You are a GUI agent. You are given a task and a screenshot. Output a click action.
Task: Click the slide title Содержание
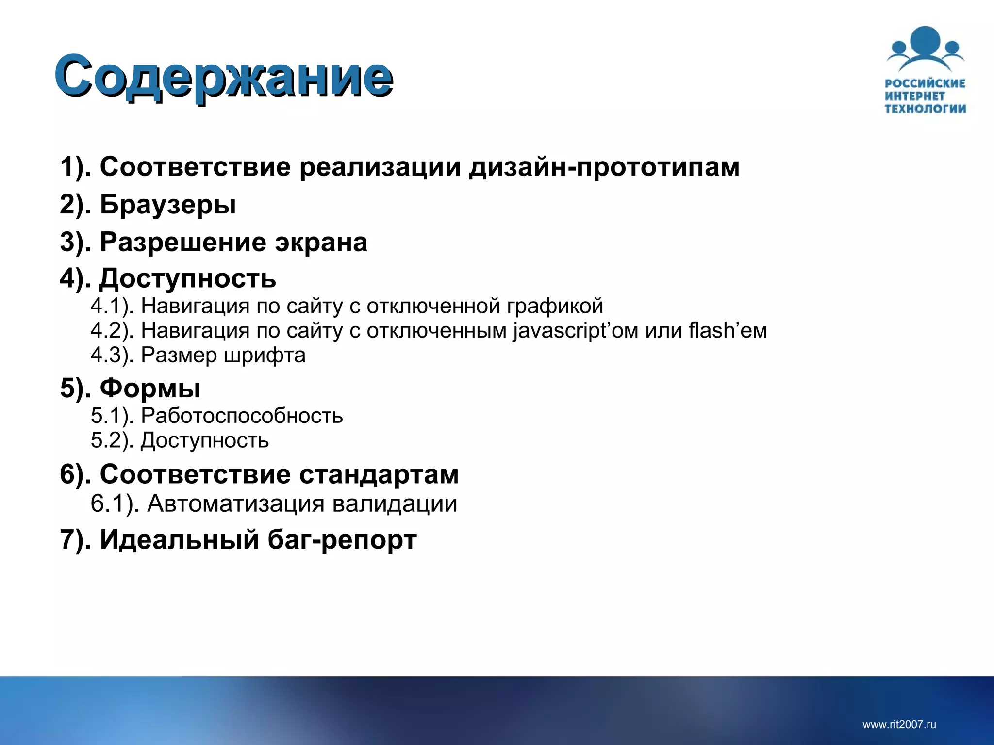click(223, 76)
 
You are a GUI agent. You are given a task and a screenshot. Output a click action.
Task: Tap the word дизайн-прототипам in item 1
click(604, 167)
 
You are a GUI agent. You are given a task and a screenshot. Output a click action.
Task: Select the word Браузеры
click(168, 204)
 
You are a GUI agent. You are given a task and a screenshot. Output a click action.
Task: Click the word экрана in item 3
click(321, 242)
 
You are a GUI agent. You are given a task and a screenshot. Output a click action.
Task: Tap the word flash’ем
click(728, 331)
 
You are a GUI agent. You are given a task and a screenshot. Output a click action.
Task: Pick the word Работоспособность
click(242, 416)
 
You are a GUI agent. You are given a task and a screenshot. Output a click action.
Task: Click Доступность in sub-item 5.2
click(204, 440)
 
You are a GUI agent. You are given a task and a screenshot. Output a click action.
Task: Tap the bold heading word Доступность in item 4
click(188, 279)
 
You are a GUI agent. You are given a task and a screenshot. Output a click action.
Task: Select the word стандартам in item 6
click(379, 474)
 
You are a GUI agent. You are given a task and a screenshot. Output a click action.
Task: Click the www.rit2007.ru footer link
click(899, 725)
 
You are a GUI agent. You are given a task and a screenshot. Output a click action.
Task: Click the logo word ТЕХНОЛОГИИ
click(925, 109)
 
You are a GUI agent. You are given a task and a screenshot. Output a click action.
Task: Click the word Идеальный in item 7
click(179, 539)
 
